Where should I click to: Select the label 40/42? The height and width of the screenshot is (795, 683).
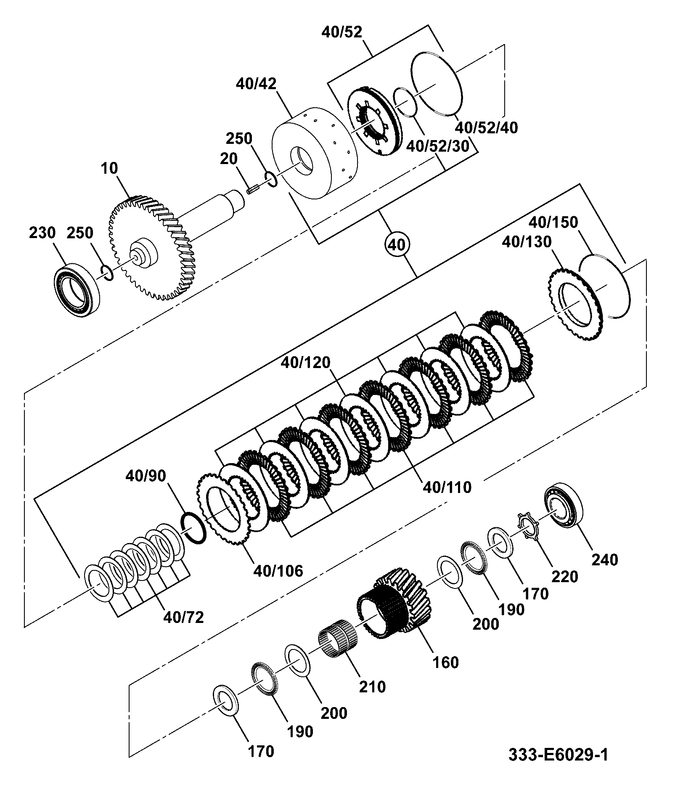(256, 84)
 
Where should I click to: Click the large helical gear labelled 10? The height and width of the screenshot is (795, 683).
(153, 248)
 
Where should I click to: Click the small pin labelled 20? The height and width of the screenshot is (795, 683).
(251, 191)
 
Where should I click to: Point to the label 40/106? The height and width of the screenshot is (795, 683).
(278, 571)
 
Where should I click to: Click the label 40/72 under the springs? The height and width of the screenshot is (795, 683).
(183, 617)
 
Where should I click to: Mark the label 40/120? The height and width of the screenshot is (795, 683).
(306, 362)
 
